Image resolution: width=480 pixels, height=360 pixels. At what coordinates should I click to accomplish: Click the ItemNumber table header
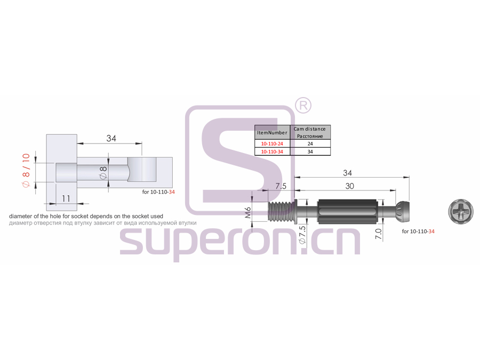(272, 132)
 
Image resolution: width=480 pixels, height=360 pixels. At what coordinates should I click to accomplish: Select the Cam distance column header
(310, 132)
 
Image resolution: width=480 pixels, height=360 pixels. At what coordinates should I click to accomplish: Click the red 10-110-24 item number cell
(272, 143)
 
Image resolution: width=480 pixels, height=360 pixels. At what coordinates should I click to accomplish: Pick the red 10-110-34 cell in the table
(272, 151)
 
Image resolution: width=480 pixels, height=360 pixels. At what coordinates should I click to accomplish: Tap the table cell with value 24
(310, 143)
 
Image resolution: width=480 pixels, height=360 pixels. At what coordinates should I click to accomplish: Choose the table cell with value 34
(310, 151)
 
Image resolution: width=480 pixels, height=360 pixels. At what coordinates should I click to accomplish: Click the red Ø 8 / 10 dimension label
(26, 170)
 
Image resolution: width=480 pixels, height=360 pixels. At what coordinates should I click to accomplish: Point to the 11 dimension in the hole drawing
(66, 199)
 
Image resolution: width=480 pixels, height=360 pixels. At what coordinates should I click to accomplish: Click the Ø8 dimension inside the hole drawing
(103, 173)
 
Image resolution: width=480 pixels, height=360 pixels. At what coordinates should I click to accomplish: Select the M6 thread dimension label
(248, 212)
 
